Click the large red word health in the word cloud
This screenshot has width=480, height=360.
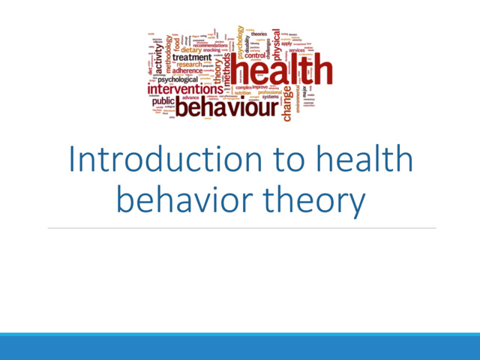coord(281,71)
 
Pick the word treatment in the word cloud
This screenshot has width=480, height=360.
coord(191,56)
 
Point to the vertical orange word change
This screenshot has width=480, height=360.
coord(286,104)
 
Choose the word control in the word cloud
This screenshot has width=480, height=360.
coord(255,55)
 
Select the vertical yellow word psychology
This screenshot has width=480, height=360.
coord(241,41)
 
